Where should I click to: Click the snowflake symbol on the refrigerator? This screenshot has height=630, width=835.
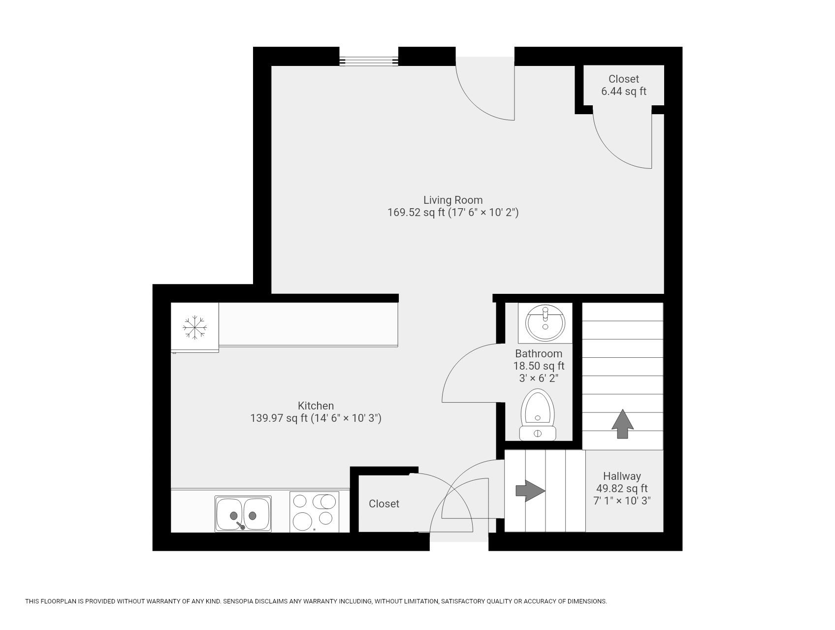(x=194, y=327)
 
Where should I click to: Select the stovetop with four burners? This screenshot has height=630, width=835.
(x=314, y=512)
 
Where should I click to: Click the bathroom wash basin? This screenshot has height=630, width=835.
(x=545, y=323)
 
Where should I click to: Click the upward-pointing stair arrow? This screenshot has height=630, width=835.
(x=622, y=423)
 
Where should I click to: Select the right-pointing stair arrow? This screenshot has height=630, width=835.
(x=530, y=491)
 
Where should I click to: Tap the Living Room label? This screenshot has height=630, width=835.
(x=453, y=200)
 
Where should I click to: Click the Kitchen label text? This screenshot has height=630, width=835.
(x=316, y=406)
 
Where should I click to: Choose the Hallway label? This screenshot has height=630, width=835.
(x=622, y=476)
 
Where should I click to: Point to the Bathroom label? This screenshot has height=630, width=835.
(x=539, y=353)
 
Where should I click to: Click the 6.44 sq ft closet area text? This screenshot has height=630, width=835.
(x=623, y=92)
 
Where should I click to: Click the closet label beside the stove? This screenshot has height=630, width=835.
(x=384, y=504)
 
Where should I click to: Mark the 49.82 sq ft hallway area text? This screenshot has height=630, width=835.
(x=622, y=489)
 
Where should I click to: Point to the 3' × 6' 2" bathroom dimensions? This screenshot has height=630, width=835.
(x=539, y=378)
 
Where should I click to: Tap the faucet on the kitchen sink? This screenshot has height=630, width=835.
(x=240, y=526)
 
